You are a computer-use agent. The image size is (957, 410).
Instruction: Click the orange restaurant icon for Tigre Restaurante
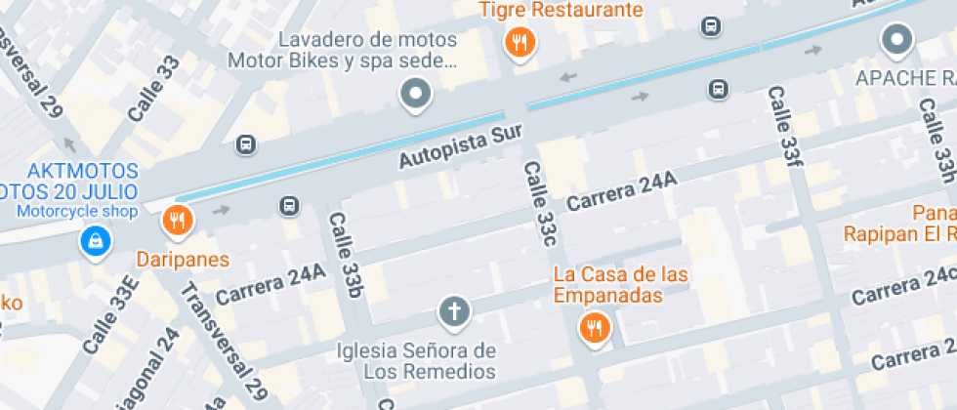pos(520,42)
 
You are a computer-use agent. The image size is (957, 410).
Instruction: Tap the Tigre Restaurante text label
pos(562,11)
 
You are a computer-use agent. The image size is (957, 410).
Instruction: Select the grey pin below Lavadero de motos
pos(417,94)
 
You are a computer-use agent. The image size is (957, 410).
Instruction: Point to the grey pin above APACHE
pos(896,40)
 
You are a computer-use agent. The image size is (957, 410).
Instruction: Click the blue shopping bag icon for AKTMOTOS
pos(95,240)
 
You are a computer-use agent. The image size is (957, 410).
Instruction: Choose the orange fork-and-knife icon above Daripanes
pos(177,221)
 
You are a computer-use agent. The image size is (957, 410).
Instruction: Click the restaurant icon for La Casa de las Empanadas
pos(594,328)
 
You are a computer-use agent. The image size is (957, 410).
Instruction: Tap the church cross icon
pos(454,311)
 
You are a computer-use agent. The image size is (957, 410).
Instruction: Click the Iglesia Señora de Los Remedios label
pos(417,361)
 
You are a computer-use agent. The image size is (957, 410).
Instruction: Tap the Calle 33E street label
pos(110,318)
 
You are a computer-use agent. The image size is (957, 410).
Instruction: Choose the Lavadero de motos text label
pos(368,40)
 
